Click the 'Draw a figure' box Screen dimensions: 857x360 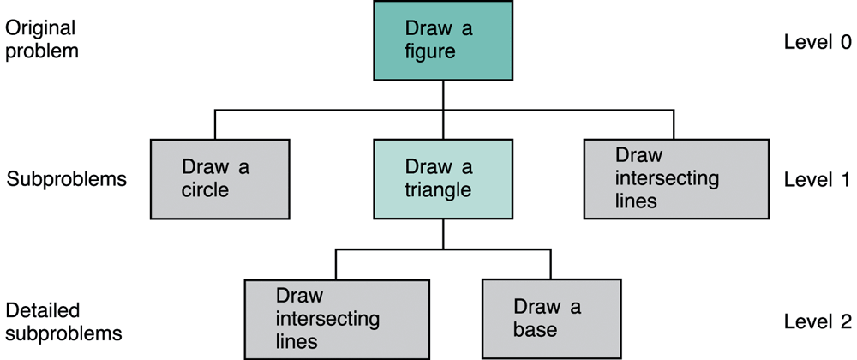coord(443,40)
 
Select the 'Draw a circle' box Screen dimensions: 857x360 coord(219,179)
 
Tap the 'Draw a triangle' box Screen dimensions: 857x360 coord(443,179)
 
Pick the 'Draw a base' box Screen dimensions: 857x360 coord(551,319)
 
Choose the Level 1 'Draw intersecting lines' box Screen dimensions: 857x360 coord(676,179)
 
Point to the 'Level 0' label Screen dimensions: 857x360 coord(818,42)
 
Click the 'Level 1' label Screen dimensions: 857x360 coord(818,179)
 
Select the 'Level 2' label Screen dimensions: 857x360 coord(818,321)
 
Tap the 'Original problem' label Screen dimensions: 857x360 coord(42,40)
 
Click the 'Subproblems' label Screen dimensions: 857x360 coord(66,180)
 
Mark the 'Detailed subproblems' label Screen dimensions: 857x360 coord(64,321)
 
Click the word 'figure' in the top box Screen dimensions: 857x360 coord(430,52)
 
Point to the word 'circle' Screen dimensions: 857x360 coord(205,190)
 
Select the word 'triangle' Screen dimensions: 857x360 coord(438,190)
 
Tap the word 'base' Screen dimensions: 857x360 coord(535,330)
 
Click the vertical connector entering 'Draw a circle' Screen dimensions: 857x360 coord(215,124)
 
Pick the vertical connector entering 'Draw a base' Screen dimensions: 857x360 coord(550,264)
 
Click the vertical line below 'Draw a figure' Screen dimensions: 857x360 coord(443,110)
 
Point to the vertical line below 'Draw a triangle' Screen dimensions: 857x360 coord(443,234)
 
